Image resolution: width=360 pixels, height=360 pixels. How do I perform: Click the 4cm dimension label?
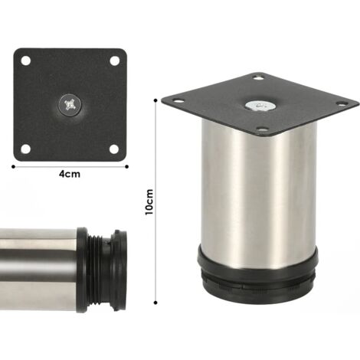coord(71,174)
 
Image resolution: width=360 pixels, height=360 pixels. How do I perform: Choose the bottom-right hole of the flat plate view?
coord(114,147)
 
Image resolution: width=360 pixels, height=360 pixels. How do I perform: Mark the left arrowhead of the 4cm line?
coord(16,164)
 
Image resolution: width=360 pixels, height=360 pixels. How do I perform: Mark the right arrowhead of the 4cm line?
coord(126,164)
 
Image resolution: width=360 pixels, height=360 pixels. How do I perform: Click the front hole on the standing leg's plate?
coord(263,130)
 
